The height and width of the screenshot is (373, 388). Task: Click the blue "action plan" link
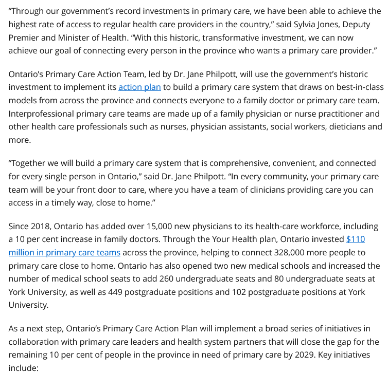[x=139, y=87]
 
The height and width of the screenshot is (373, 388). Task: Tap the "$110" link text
[x=356, y=239]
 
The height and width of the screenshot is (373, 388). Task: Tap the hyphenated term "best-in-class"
[x=354, y=87]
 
